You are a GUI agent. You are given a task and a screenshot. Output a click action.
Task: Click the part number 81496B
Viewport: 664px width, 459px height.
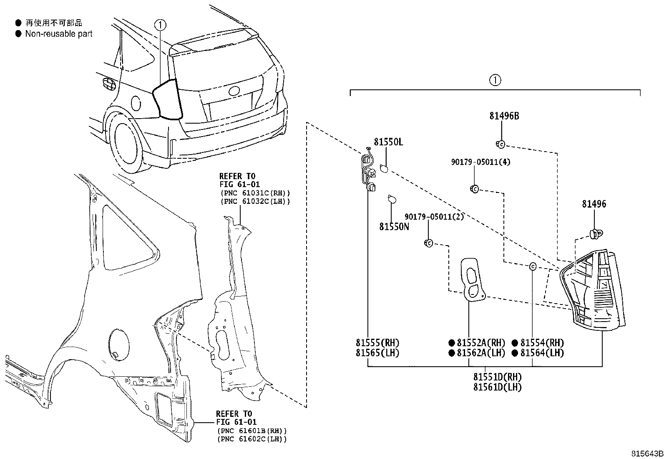click(504, 116)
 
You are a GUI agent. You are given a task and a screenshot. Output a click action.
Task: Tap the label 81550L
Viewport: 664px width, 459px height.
click(388, 142)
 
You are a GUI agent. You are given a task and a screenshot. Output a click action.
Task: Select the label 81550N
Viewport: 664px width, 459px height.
click(394, 226)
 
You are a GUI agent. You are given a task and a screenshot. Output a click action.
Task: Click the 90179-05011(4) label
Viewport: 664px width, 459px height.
click(480, 162)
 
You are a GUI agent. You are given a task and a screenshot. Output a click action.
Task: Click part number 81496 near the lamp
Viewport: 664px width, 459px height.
click(594, 204)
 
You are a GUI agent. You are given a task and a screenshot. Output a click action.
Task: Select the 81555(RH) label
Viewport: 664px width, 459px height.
click(377, 343)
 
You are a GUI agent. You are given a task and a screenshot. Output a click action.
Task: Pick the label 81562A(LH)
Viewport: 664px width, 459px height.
click(480, 353)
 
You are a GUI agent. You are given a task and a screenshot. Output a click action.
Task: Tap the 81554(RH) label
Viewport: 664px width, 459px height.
click(542, 343)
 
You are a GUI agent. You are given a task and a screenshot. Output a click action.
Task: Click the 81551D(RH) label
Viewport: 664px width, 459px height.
click(497, 377)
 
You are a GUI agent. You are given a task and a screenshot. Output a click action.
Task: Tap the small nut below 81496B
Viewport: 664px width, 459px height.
click(501, 145)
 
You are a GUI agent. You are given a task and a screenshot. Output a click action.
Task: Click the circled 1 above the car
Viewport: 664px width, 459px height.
click(161, 25)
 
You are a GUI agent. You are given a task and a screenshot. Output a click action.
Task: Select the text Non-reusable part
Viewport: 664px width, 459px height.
click(58, 34)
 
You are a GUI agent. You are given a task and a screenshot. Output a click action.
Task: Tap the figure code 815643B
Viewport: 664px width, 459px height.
click(646, 454)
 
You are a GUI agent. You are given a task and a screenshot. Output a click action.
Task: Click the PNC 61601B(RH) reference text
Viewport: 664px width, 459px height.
click(252, 431)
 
